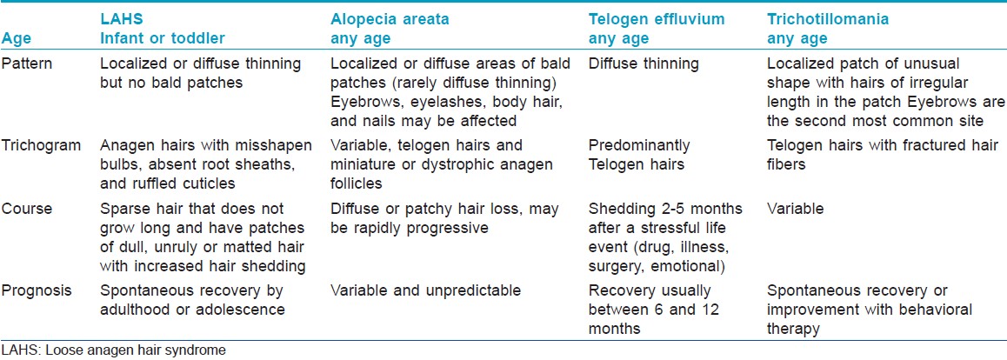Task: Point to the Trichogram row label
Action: (x=41, y=145)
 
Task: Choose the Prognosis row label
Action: (x=37, y=290)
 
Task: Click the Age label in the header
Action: (x=16, y=39)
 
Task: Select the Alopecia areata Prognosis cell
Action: (x=425, y=290)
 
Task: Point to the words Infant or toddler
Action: (x=163, y=38)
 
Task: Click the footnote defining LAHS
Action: (x=114, y=350)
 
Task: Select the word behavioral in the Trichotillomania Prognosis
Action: (x=936, y=310)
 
